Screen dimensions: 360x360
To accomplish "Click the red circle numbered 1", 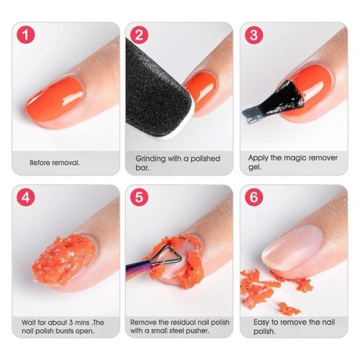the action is point(26,35).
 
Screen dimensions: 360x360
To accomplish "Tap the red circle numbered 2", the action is point(139,35).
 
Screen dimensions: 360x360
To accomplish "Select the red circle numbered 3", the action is point(253,35).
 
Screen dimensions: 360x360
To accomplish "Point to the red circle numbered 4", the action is point(26,197).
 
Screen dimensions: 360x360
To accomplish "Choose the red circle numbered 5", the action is point(139,197).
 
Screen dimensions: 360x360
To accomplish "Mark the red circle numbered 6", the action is point(253,197).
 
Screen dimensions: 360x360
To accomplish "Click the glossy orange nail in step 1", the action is point(55,99).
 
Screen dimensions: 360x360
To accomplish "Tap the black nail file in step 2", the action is point(156,91).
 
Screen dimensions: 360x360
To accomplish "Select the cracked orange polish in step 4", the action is point(63,261).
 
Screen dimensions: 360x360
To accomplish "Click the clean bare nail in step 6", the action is point(292,246).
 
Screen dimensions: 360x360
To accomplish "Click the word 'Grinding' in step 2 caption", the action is point(150,159).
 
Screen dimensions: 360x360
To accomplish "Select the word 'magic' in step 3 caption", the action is point(295,158).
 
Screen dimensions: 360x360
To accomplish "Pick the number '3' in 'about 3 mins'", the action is point(71,323).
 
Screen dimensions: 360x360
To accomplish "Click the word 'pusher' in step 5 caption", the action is point(197,330).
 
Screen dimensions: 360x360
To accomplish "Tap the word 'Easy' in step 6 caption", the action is point(261,323).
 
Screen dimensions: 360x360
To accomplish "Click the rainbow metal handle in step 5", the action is point(139,270).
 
